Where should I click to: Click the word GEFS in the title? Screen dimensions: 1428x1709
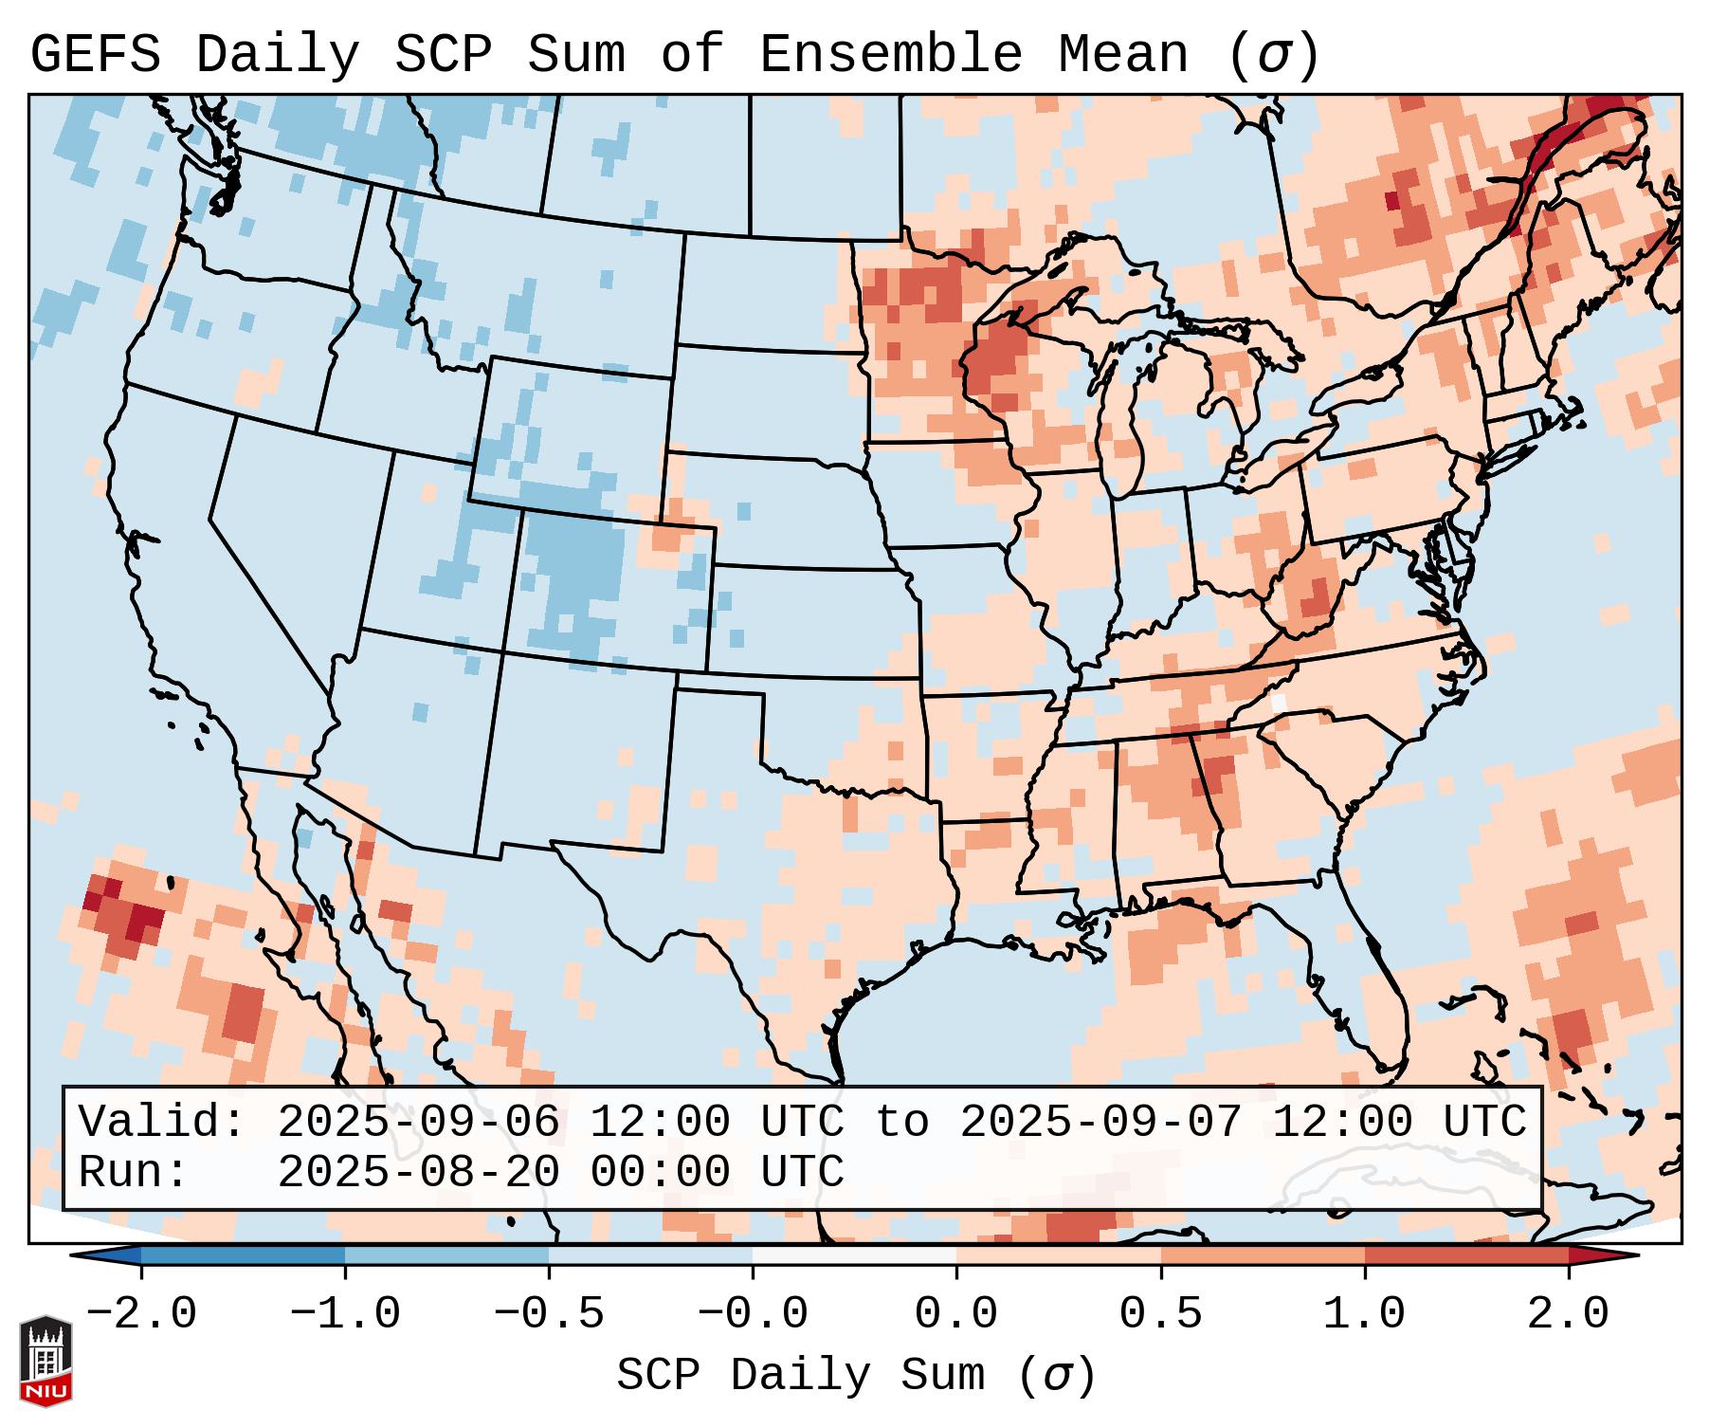(95, 55)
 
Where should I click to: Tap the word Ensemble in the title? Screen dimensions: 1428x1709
(890, 55)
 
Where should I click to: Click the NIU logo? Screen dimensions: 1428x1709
(45, 1361)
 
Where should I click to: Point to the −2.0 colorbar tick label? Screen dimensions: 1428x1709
(141, 1314)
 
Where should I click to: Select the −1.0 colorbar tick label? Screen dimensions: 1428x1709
(345, 1314)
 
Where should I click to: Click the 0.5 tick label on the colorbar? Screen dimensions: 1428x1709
(1161, 1314)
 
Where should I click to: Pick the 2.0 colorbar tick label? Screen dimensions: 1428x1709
(1569, 1314)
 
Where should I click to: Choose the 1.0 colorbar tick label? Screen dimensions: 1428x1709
(1365, 1314)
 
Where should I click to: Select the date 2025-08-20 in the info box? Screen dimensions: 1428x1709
(418, 1173)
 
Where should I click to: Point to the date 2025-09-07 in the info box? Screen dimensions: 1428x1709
(1100, 1123)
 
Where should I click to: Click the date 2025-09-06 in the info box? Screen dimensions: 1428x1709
(418, 1123)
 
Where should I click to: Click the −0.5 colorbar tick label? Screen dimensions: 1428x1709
(549, 1314)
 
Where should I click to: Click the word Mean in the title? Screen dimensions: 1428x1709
(1123, 55)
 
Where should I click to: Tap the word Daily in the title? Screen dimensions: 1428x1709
(278, 55)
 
